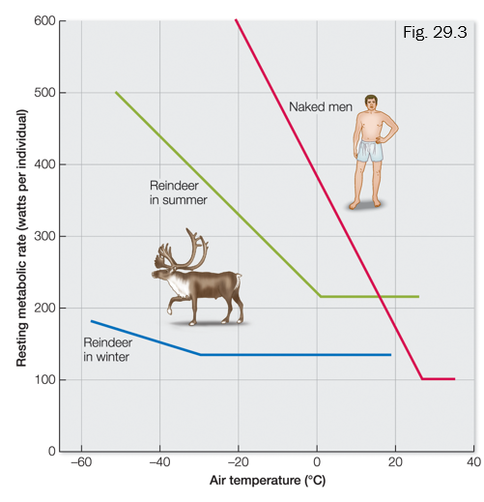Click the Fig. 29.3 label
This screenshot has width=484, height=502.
[434, 31]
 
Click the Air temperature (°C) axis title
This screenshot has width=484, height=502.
[266, 481]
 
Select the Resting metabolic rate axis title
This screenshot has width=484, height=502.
[20, 237]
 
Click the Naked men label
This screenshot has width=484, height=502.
[315, 105]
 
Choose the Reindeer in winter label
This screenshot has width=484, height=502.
[106, 349]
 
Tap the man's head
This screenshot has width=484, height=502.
[371, 102]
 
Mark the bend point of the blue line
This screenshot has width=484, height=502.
[199, 355]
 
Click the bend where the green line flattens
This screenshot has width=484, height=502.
[320, 296]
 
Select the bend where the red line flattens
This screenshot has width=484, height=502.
[422, 379]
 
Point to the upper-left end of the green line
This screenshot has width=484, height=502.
[116, 93]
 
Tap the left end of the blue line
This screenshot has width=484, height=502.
[91, 320]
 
